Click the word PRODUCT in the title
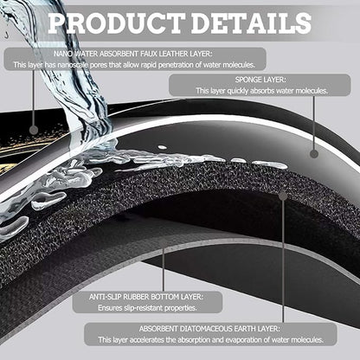(x=116, y=22)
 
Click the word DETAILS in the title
(x=251, y=22)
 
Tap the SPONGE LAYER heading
(x=260, y=80)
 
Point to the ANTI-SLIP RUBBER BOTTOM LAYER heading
(x=146, y=297)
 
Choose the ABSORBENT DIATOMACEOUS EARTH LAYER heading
(x=209, y=329)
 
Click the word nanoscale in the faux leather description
(x=73, y=65)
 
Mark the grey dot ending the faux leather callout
(x=34, y=130)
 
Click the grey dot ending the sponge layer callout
(x=314, y=154)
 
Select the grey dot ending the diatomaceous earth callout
(x=283, y=196)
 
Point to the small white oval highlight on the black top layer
(x=163, y=147)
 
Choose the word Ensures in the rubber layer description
(x=109, y=308)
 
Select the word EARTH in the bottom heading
(x=246, y=329)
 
